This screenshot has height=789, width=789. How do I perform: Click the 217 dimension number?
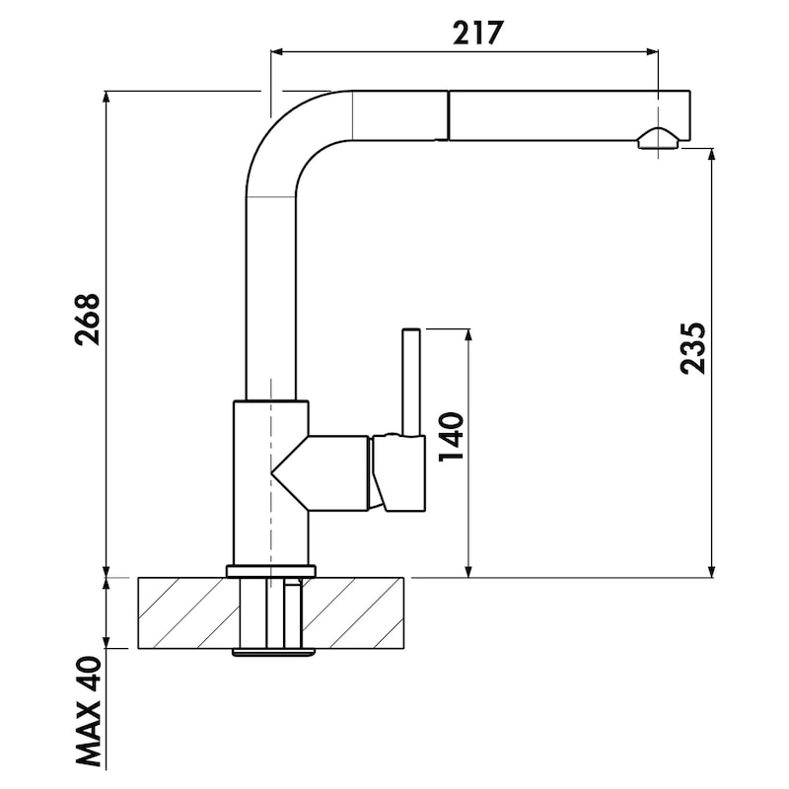click(x=477, y=34)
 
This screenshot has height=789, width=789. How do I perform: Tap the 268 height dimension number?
click(x=88, y=319)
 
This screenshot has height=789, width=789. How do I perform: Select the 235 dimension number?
click(x=692, y=348)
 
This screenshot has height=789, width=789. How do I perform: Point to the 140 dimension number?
click(x=451, y=437)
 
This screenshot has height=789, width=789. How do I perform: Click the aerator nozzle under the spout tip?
click(x=659, y=139)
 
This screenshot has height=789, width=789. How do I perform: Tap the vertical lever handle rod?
click(x=411, y=382)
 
